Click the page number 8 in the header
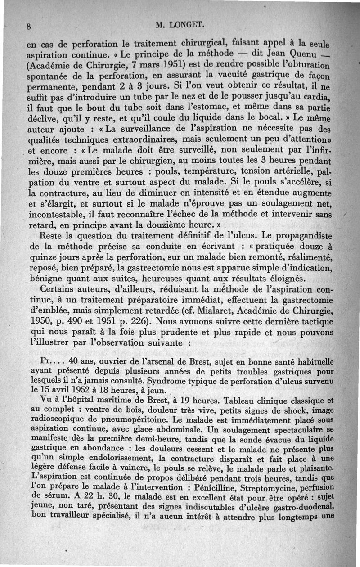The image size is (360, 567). (x=28, y=26)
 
